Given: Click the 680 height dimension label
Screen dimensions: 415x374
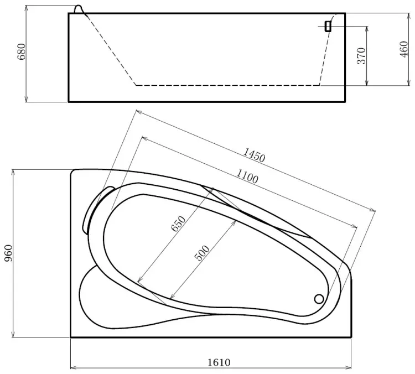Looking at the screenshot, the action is click(x=22, y=51).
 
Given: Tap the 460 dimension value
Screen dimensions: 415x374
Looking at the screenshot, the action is click(x=404, y=49).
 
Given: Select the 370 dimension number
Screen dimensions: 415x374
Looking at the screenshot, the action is click(x=361, y=56).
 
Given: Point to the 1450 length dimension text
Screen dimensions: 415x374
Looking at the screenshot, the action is click(x=254, y=155).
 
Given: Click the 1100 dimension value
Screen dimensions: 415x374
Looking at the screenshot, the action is click(x=247, y=176).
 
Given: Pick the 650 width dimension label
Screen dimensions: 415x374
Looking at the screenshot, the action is click(x=178, y=224).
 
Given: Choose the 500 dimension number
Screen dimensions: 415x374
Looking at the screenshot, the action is click(x=202, y=253).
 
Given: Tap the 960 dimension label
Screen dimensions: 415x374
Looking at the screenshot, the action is click(x=8, y=253).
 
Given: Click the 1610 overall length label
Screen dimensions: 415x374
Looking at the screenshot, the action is click(x=219, y=362).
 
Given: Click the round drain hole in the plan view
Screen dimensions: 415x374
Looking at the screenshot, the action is click(x=319, y=299).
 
